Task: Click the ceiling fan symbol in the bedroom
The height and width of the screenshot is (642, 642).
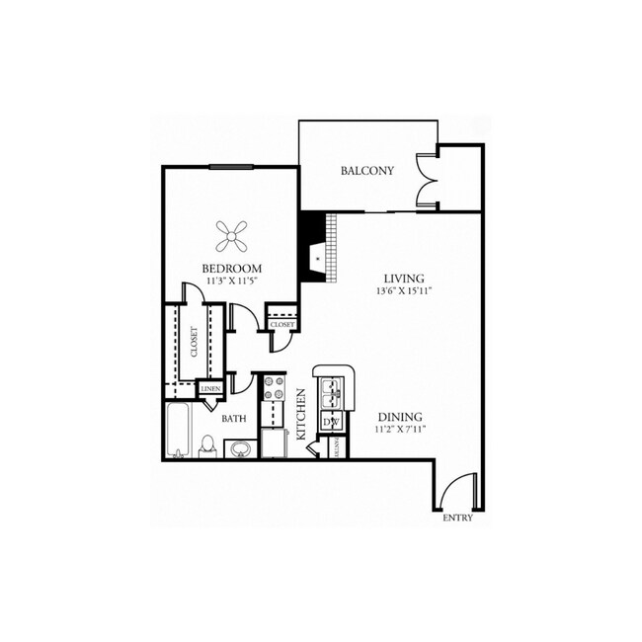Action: point(232,234)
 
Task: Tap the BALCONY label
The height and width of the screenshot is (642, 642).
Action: point(366,171)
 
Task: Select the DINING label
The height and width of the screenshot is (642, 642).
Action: point(399,417)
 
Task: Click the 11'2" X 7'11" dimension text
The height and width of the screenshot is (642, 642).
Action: point(399,431)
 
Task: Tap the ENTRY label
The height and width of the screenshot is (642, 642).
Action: point(457,518)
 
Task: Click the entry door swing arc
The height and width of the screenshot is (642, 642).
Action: point(453,491)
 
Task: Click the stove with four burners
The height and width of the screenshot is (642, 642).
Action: point(273,388)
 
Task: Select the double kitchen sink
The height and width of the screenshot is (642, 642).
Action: point(333,394)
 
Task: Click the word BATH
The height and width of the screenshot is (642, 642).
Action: point(233,419)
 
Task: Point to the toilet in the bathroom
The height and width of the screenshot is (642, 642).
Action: point(207,446)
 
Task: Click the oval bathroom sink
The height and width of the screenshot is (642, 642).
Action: point(240,449)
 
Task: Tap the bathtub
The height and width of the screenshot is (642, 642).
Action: point(179,431)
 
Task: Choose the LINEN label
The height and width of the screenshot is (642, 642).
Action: point(209,389)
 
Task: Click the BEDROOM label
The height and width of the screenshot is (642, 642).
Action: point(231,269)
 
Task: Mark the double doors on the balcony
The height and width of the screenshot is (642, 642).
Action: point(427,179)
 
